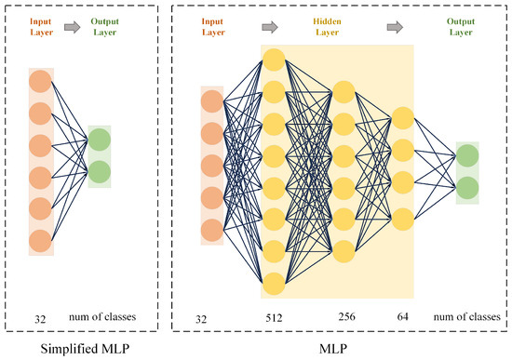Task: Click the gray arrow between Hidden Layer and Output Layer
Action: pyautogui.click(x=407, y=20)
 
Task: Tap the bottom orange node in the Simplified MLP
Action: pyautogui.click(x=40, y=241)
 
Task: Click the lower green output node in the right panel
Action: pyautogui.click(x=467, y=187)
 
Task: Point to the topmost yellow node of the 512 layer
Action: pyautogui.click(x=274, y=60)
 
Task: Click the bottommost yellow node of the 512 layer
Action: pyautogui.click(x=274, y=283)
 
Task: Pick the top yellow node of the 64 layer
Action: pyautogui.click(x=403, y=119)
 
